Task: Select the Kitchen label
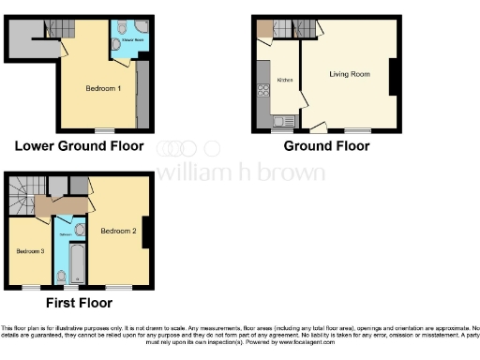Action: (x=285, y=81)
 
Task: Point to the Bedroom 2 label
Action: (x=119, y=231)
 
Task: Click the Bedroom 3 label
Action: (x=29, y=251)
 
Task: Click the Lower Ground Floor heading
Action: (x=79, y=146)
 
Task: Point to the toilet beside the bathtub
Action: (x=60, y=275)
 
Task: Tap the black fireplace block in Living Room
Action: (x=393, y=76)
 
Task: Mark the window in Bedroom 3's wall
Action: (x=30, y=285)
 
